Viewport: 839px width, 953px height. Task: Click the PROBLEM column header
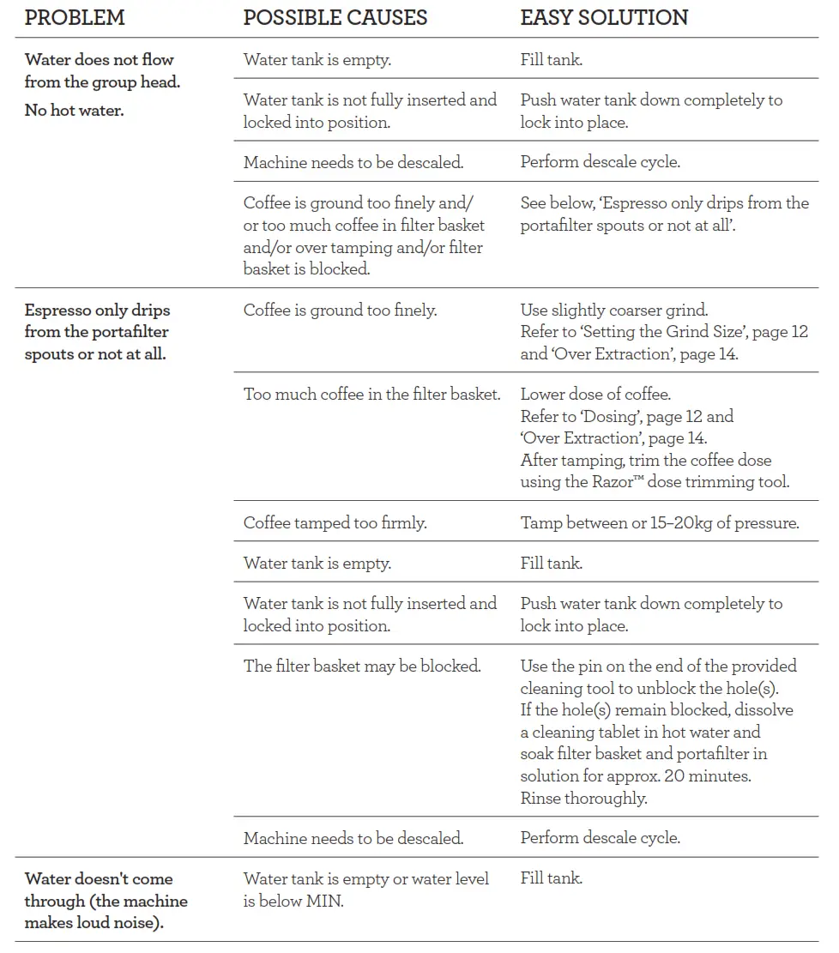75,17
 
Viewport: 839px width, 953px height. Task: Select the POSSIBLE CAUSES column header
335,17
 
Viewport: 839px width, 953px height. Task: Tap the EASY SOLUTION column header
604,17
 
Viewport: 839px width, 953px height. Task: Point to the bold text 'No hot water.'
74,110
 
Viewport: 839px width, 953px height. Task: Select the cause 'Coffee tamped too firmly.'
335,522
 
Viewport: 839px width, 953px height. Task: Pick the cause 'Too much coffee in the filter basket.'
371,395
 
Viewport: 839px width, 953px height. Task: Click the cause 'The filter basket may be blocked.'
362,666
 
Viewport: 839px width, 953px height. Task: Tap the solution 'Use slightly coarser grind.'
613,310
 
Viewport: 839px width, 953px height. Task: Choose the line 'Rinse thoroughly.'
583,798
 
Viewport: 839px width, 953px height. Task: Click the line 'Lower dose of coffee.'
595,395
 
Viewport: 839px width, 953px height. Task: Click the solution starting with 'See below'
664,214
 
